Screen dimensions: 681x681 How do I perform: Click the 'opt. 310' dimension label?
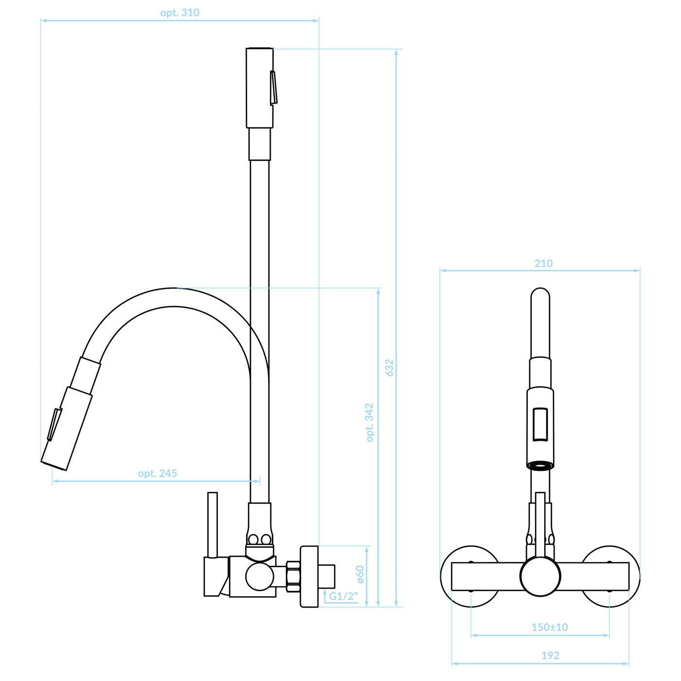[x=179, y=13]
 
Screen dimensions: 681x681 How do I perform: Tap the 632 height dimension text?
[x=389, y=368]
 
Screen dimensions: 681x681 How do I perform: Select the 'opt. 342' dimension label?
[x=369, y=422]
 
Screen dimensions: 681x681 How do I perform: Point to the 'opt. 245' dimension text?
[x=157, y=473]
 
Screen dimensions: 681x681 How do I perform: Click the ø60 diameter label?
[x=360, y=574]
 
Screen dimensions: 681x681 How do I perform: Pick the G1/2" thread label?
[x=343, y=596]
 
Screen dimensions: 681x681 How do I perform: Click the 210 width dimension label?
[x=543, y=263]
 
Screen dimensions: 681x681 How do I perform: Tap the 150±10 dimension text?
[x=550, y=627]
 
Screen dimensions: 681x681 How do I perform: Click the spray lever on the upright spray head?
[x=273, y=88]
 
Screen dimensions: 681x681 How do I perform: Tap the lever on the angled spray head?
[x=54, y=425]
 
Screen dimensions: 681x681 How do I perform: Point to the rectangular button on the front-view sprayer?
[x=540, y=425]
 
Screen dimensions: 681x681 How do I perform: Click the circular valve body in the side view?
[x=260, y=576]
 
